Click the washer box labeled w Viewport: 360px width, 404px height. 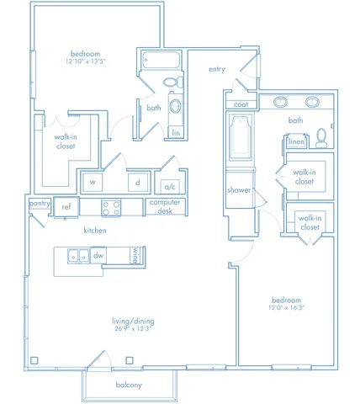coord(93,183)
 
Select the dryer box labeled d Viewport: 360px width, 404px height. coord(138,183)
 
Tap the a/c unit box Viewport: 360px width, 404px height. coord(170,187)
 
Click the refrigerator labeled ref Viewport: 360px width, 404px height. coord(66,207)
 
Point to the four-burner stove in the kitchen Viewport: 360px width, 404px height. coord(111,208)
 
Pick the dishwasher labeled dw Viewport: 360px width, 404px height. coord(98,255)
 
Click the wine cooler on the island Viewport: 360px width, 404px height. coord(135,255)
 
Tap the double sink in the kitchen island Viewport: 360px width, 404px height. coord(79,256)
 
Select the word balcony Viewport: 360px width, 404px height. coord(129,385)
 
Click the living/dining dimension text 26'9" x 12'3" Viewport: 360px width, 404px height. coord(133,328)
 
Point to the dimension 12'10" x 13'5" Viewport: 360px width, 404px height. coord(86,61)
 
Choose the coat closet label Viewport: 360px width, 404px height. coord(241,104)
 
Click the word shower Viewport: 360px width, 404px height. coord(239,190)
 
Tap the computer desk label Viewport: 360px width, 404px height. coord(165,206)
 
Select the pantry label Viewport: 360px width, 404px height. coord(40,203)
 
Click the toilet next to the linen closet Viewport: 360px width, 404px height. coord(321,138)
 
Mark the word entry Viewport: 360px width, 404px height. coord(217,69)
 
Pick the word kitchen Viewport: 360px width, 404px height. coord(95,231)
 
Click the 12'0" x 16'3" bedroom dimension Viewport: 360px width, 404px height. coord(286,307)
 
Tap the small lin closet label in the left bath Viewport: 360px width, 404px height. coord(176,132)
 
